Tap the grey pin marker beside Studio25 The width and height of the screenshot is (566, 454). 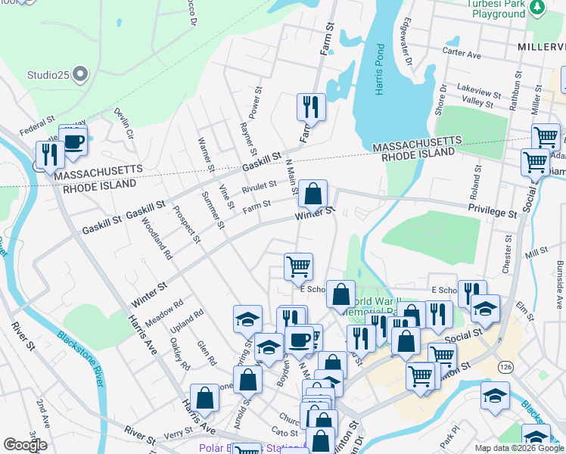[x=80, y=75]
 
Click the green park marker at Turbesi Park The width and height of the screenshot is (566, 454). [x=536, y=7]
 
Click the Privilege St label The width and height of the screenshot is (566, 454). [x=492, y=211]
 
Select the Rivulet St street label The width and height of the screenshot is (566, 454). [x=259, y=187]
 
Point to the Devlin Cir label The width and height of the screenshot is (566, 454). [x=123, y=123]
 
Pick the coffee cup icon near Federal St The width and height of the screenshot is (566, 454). [x=73, y=141]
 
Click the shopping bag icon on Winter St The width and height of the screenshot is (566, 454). [x=313, y=194]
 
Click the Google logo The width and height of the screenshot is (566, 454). [x=25, y=444]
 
